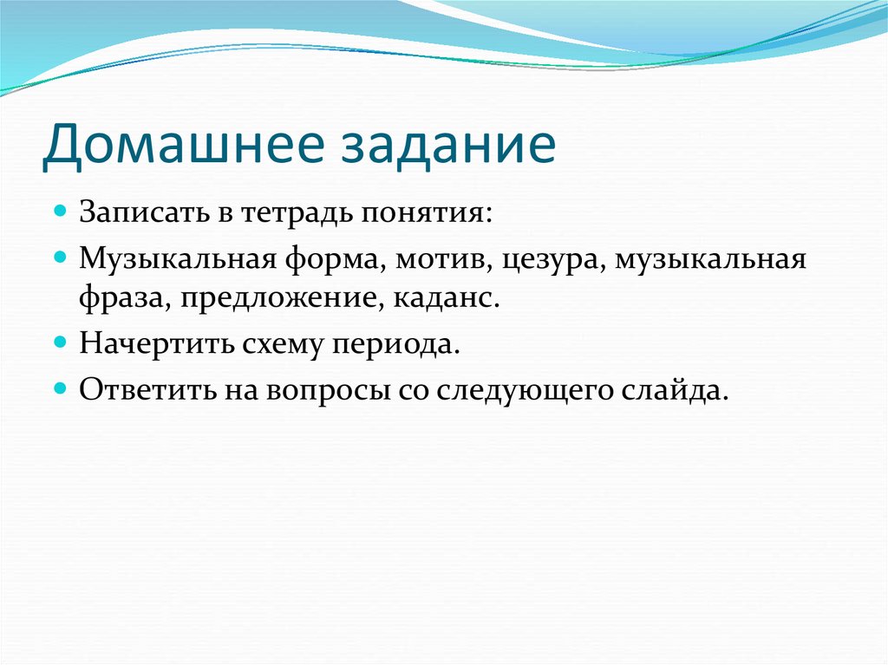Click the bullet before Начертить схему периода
click(62, 342)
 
